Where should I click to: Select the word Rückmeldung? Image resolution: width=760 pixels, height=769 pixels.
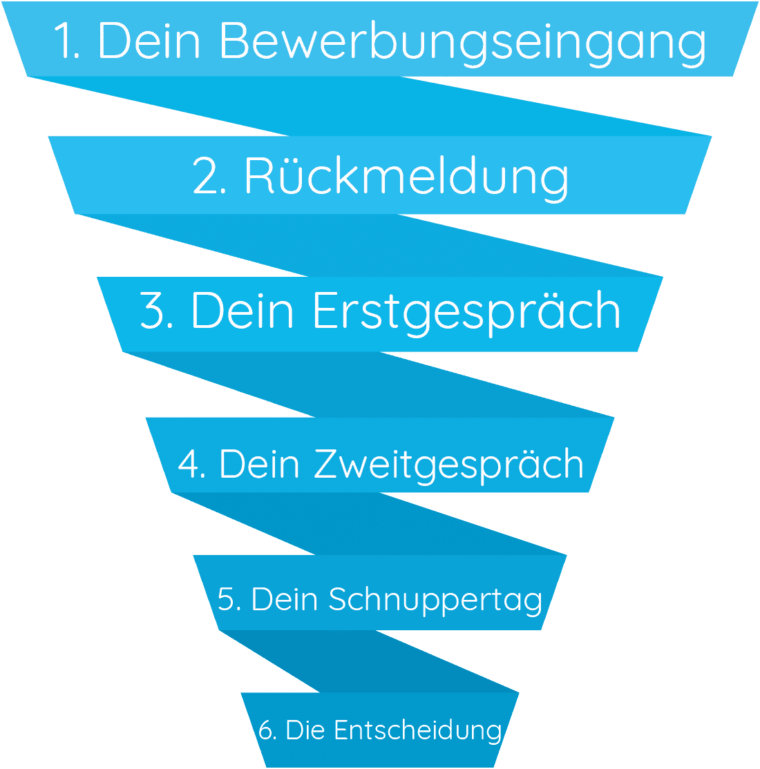[407, 177]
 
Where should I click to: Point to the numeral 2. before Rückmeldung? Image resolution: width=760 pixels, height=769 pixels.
[209, 177]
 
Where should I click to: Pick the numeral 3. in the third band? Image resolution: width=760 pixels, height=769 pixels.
[157, 311]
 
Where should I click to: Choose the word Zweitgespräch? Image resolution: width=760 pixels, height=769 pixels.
[449, 464]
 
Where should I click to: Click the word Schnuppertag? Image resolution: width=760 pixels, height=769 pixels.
[435, 599]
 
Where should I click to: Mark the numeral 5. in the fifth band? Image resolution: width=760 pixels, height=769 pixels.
[229, 599]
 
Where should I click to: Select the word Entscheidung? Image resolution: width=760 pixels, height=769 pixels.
[418, 730]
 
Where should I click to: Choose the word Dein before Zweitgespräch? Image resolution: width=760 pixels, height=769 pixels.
[260, 464]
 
